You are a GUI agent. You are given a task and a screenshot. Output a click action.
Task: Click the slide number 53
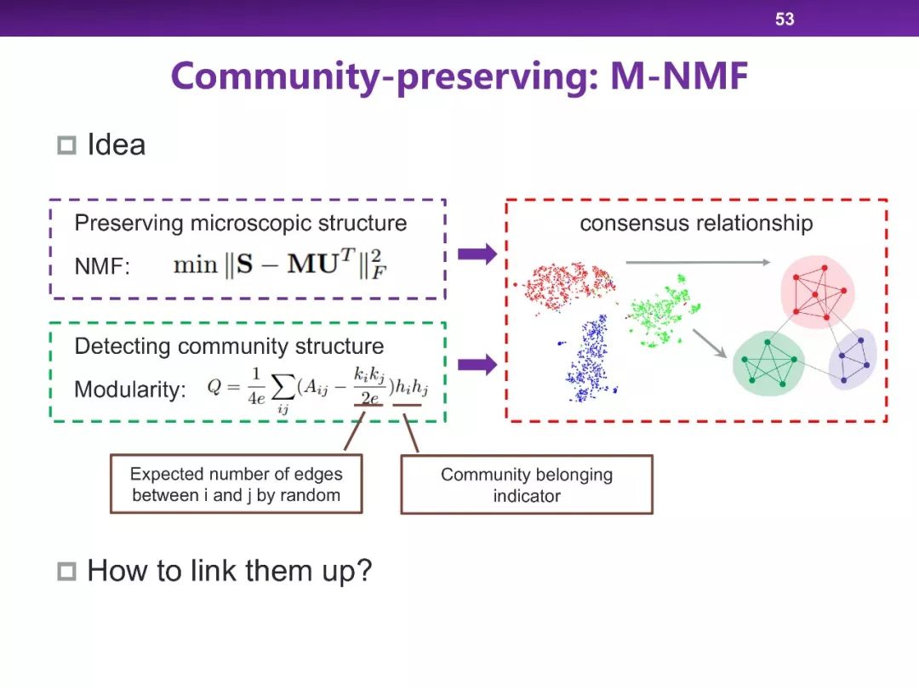click(785, 19)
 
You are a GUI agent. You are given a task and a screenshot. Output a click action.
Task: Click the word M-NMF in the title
click(679, 77)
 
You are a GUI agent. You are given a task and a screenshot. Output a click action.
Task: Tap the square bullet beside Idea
click(67, 145)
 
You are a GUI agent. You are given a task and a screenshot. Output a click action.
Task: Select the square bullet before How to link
click(67, 572)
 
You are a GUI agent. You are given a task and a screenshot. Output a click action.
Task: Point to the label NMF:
click(102, 266)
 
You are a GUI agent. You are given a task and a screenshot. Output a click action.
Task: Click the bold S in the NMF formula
click(244, 265)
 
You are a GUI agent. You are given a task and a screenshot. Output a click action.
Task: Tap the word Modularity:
click(129, 389)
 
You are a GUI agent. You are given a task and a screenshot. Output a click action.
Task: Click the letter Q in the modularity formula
click(214, 387)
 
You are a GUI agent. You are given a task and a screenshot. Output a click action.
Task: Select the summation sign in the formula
click(283, 387)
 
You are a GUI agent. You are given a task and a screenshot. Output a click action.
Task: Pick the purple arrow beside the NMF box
click(477, 253)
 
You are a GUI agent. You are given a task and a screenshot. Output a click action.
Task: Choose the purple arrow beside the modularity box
click(477, 365)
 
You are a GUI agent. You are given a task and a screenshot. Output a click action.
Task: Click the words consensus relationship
click(696, 223)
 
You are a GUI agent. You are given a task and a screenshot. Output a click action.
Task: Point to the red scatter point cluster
click(566, 285)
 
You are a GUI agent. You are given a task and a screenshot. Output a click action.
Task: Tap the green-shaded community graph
click(768, 363)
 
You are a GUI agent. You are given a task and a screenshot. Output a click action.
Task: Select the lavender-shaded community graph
click(853, 359)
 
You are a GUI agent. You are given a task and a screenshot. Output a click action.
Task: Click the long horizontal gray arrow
click(698, 263)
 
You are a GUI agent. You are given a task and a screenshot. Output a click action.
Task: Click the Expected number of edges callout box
click(237, 484)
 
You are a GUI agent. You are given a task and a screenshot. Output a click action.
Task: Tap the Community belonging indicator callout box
click(527, 485)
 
